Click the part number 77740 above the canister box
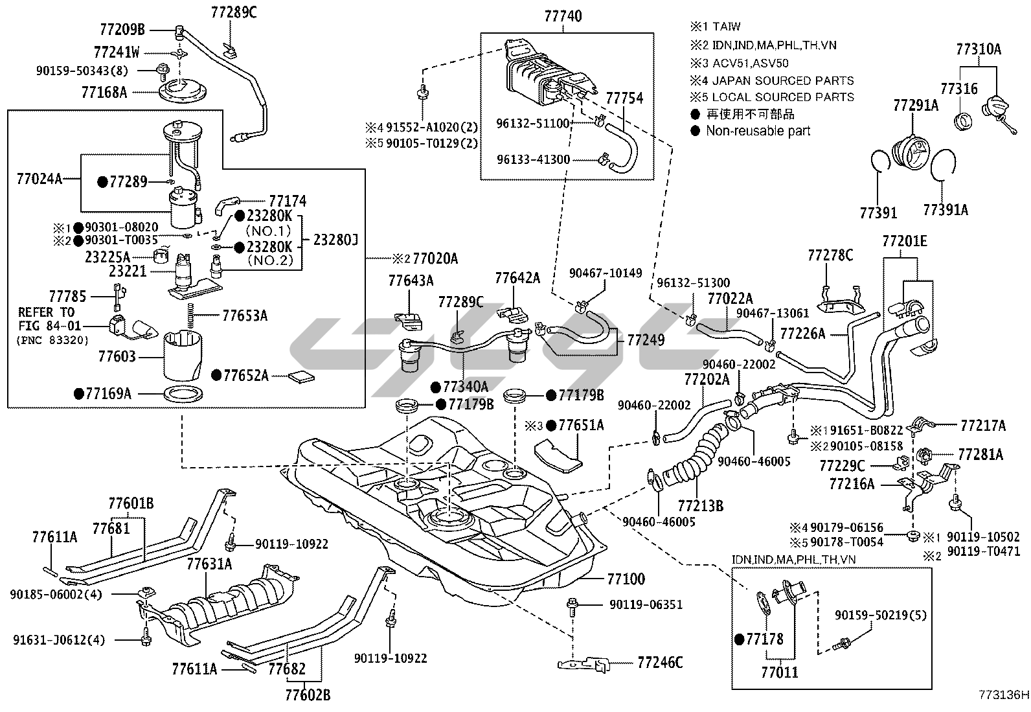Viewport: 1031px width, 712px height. [x=563, y=17]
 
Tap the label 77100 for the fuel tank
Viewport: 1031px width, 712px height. [x=626, y=579]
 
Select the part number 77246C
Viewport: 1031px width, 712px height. [x=660, y=662]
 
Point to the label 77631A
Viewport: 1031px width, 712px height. [x=209, y=564]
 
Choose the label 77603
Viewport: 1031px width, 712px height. [x=117, y=356]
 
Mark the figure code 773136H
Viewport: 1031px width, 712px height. [x=1003, y=696]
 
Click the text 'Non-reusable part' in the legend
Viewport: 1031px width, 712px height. [x=758, y=131]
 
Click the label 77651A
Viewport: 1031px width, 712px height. [x=581, y=425]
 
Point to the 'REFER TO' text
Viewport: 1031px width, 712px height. [x=46, y=312]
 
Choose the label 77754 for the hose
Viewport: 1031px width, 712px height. [x=624, y=98]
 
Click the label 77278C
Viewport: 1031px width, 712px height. [x=830, y=256]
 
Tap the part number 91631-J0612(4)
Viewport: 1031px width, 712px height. [x=58, y=640]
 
